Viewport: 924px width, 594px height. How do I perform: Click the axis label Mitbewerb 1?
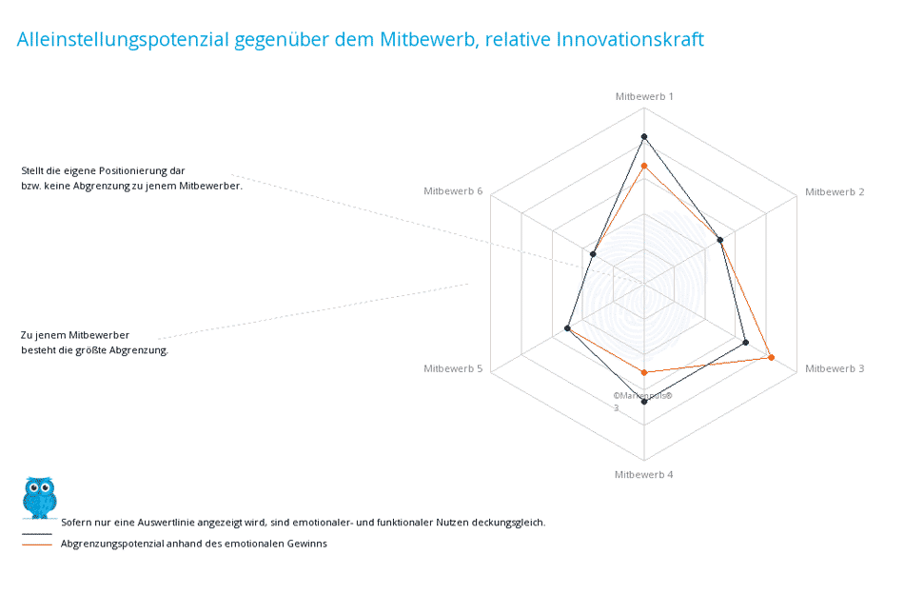click(644, 96)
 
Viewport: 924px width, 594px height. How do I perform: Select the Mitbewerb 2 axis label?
click(835, 191)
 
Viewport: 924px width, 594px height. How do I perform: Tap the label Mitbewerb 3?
click(835, 368)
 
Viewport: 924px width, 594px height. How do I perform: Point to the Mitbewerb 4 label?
click(643, 474)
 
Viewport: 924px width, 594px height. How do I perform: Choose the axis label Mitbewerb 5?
click(453, 368)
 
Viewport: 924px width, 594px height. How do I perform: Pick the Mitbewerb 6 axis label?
click(453, 191)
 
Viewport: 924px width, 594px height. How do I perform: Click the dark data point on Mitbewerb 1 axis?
click(644, 137)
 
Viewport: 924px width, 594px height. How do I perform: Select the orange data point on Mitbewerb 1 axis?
click(644, 167)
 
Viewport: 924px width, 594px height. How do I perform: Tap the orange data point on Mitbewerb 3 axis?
click(772, 357)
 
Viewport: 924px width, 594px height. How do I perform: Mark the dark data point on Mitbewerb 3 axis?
click(745, 343)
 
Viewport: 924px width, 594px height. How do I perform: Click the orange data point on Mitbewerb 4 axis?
click(644, 372)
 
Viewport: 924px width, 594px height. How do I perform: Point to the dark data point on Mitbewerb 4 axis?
click(644, 402)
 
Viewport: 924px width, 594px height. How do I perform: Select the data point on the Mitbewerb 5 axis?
click(567, 328)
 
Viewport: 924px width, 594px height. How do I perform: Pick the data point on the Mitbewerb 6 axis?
click(593, 254)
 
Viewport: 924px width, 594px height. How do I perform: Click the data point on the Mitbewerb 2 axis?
click(719, 240)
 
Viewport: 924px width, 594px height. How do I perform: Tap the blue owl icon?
click(39, 498)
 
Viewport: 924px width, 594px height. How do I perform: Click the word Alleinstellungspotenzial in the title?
click(123, 39)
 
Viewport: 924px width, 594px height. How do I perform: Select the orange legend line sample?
click(36, 544)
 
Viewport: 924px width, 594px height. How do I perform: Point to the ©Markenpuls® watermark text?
click(642, 395)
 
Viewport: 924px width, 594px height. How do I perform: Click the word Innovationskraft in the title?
click(630, 39)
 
